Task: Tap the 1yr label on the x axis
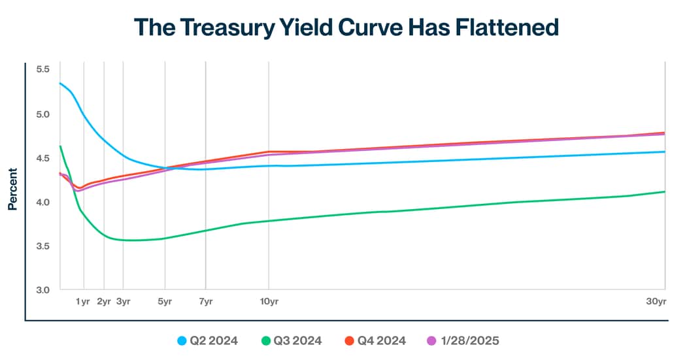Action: pos(83,301)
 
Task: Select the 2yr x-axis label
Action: pos(104,301)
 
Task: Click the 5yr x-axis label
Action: pos(165,301)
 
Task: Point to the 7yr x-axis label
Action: pos(206,301)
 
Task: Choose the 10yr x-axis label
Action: pos(269,301)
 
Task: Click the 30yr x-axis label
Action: pos(656,301)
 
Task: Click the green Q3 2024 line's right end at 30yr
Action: pos(665,191)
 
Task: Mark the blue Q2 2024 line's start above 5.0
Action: pos(60,83)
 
